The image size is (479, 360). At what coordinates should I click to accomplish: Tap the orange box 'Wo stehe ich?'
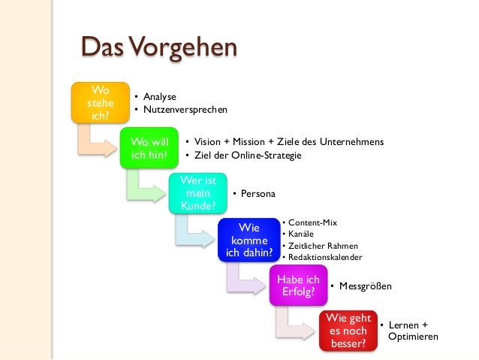point(97,104)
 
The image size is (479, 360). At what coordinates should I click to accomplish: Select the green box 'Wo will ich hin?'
point(149,148)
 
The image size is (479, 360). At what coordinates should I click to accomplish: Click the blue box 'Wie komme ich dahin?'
point(249,240)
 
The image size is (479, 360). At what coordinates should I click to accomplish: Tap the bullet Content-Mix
point(312,223)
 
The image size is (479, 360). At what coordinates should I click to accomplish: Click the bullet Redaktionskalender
point(325,257)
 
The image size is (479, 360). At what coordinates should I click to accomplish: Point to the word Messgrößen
point(365,286)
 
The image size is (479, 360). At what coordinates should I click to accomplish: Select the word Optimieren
point(413,337)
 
